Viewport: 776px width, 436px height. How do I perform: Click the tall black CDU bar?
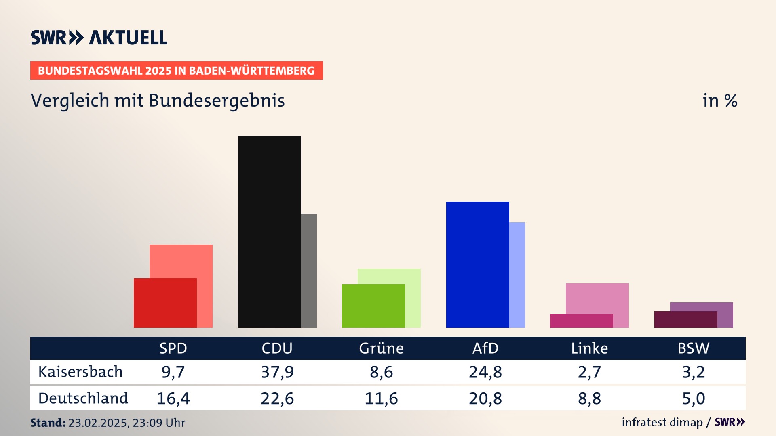coord(269,231)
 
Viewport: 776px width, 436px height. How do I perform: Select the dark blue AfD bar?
coord(477,264)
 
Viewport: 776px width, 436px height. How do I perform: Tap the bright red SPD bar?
coord(165,303)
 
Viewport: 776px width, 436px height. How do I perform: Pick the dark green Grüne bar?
coord(373,306)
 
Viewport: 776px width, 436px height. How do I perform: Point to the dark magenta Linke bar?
coord(581,321)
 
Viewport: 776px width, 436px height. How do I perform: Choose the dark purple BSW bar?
coord(685,319)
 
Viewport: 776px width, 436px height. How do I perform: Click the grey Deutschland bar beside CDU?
coord(309,270)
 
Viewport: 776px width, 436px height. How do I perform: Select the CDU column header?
coord(277,348)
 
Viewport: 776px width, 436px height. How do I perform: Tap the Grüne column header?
coord(381,348)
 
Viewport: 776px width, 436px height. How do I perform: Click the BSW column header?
coord(693,348)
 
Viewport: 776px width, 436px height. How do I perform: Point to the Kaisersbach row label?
coord(80,372)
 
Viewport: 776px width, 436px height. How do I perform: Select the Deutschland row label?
coord(83,398)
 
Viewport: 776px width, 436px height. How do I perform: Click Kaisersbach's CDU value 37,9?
coord(277,372)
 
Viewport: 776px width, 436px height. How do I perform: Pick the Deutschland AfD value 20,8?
coord(485,398)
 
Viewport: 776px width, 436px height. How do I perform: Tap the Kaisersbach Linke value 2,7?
coord(589,372)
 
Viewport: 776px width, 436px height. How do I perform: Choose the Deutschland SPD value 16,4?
coord(173,398)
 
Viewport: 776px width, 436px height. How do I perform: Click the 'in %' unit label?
coord(720,101)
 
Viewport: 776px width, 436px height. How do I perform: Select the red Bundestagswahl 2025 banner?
coord(176,71)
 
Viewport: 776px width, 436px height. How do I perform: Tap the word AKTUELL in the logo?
coord(128,38)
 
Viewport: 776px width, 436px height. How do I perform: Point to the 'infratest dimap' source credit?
coord(662,422)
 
